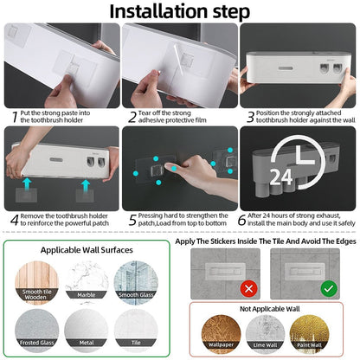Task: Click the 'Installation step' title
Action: point(180,11)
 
